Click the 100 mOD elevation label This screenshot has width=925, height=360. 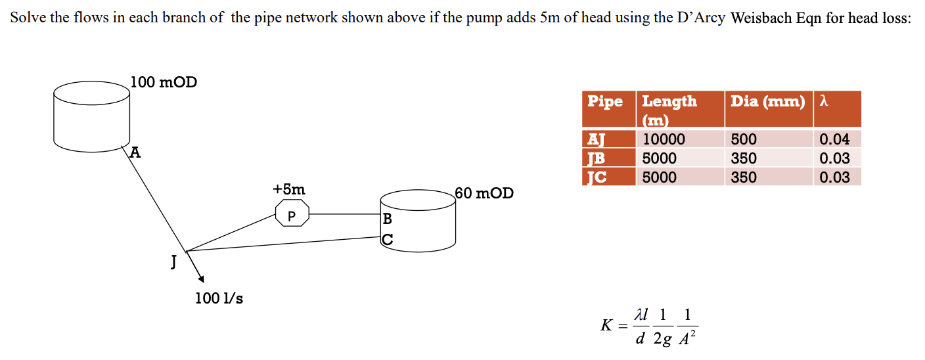coord(163,83)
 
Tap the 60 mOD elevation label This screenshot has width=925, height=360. coord(485,193)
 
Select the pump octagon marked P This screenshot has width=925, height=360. coord(292,215)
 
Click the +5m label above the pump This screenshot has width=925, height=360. coord(288,189)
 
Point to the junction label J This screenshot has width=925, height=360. coord(173,261)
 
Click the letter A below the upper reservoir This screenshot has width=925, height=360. coord(135,153)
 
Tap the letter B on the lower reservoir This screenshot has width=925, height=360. coord(387,219)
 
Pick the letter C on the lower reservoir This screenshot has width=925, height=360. coord(387,240)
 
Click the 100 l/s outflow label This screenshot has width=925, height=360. coord(219,298)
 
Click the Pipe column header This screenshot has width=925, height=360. coord(605,101)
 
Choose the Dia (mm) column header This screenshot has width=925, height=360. coord(767,101)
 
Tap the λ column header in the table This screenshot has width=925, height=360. coord(823,101)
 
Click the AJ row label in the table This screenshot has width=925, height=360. coord(595,139)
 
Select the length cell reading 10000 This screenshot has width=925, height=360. coord(664,139)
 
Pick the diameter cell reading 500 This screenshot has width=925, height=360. coord(744,139)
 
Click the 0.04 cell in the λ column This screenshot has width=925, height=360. coord(834,139)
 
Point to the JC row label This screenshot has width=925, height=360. coord(595,177)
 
